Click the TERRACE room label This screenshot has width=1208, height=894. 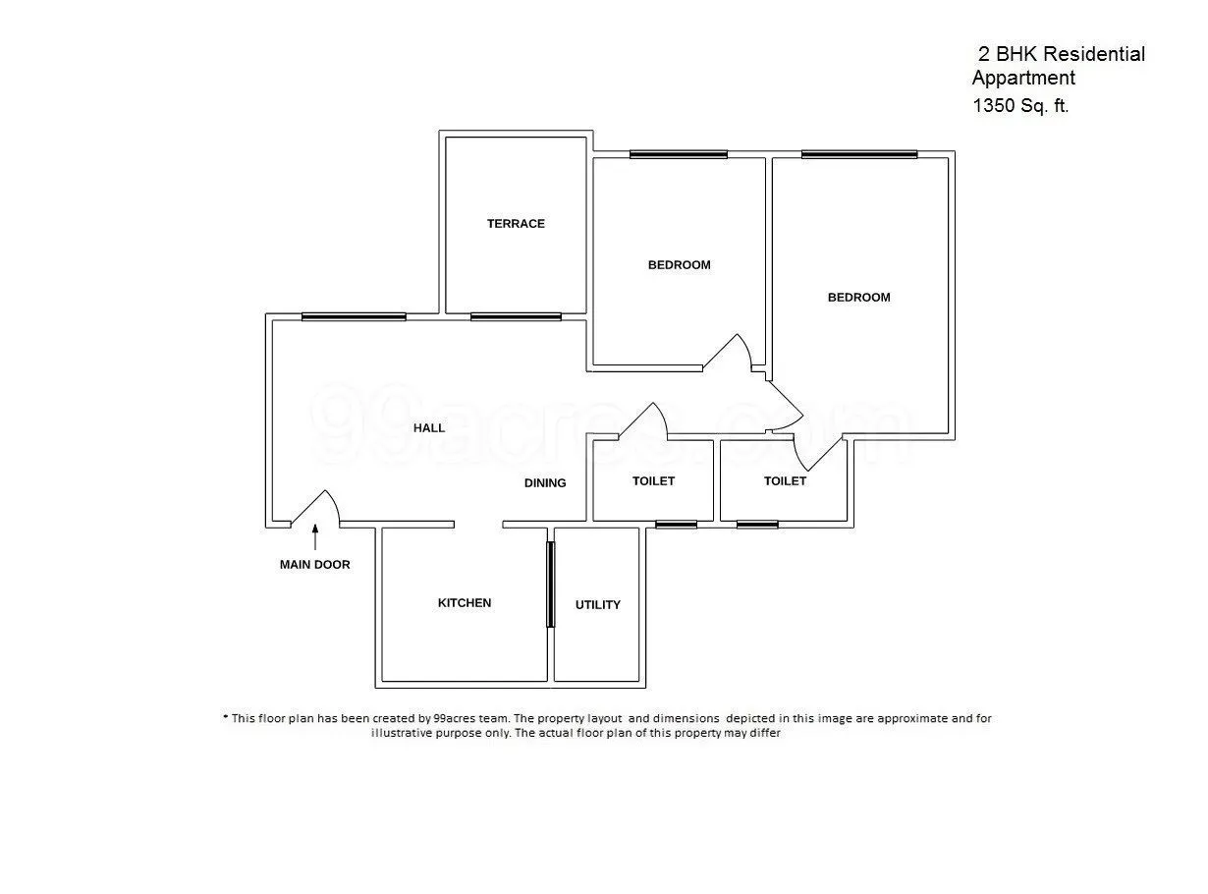[516, 224]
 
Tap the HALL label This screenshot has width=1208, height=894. [429, 428]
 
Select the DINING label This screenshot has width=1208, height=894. [545, 483]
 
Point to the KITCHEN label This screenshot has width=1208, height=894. [465, 603]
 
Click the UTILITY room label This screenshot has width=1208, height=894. [598, 605]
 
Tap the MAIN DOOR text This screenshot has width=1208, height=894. [314, 565]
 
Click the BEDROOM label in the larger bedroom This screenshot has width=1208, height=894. [859, 298]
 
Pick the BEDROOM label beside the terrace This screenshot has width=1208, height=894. [679, 265]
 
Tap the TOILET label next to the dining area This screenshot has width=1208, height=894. [653, 481]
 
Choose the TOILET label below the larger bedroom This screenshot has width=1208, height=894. [785, 481]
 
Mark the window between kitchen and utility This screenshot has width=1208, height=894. [550, 584]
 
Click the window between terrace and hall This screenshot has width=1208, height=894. [516, 316]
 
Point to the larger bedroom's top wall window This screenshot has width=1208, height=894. [859, 154]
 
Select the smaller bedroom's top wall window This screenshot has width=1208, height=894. [679, 154]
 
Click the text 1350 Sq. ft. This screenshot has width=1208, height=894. [1020, 106]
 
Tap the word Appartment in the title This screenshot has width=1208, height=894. [1023, 79]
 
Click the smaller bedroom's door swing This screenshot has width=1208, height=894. [730, 354]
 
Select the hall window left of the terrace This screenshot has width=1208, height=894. [354, 316]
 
